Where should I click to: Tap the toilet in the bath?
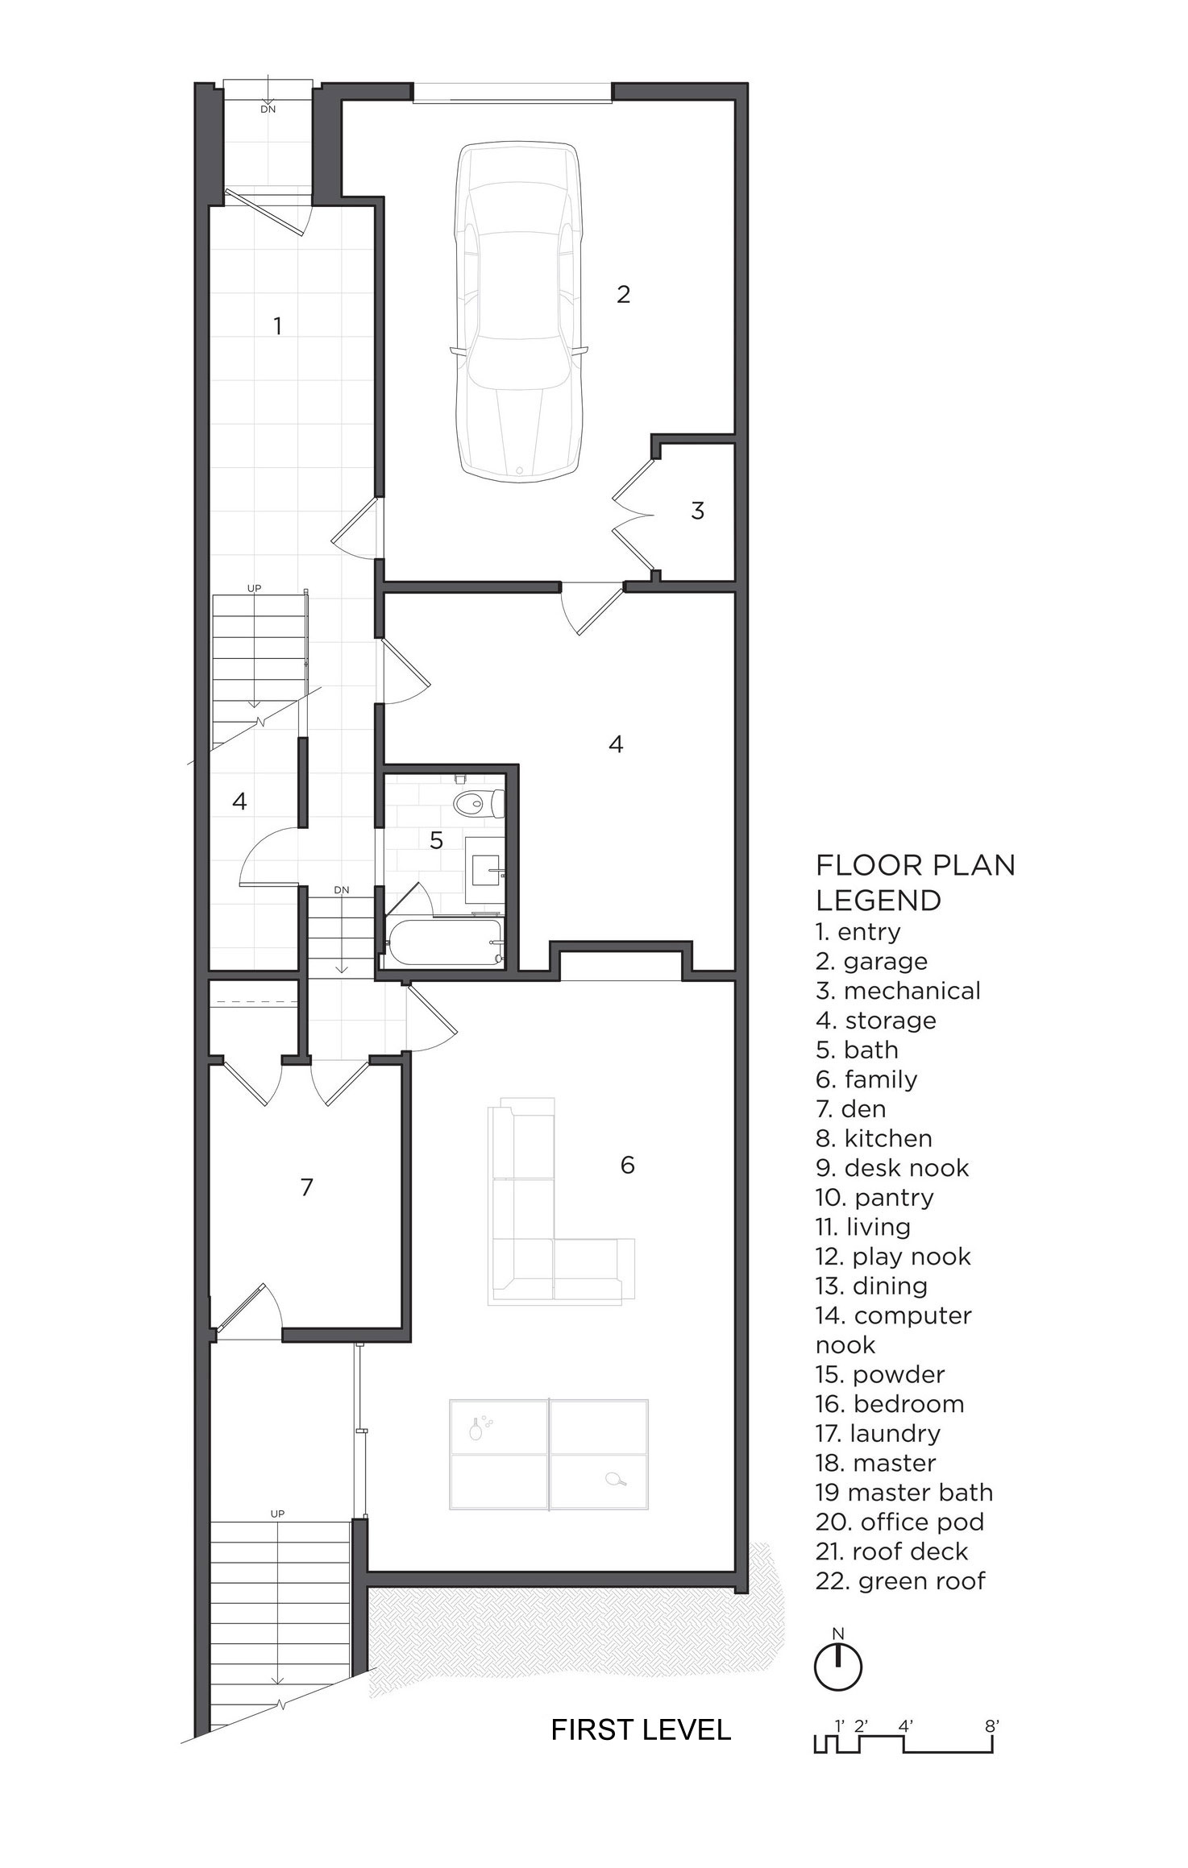point(479,802)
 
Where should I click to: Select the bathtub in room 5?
point(443,942)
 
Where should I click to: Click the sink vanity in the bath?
point(485,870)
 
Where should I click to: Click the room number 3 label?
point(698,510)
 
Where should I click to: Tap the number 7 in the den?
point(306,1187)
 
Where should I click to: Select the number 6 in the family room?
point(627,1164)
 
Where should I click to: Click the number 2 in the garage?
point(623,294)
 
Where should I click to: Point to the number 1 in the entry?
point(278,325)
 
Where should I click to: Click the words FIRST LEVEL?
point(641,1729)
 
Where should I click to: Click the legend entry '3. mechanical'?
point(898,991)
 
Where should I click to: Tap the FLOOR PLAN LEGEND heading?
point(916,882)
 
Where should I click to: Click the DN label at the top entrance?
point(268,109)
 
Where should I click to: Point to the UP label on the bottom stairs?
point(277,1514)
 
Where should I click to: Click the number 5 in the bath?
point(436,840)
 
